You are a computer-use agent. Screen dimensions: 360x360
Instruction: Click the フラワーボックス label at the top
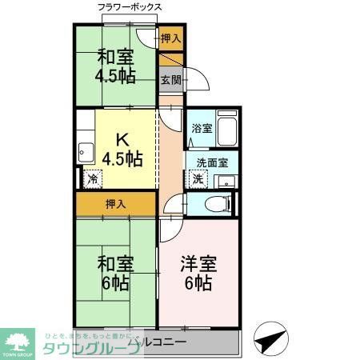click(x=130, y=7)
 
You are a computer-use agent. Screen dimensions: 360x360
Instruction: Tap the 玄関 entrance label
click(x=169, y=79)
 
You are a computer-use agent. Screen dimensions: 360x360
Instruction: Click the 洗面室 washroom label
click(x=212, y=162)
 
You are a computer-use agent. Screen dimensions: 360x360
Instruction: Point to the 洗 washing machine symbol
click(x=198, y=179)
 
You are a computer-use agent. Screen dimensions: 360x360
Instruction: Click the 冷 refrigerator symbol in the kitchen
click(x=94, y=179)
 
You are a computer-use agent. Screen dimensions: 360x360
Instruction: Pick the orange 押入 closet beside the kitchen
click(x=115, y=204)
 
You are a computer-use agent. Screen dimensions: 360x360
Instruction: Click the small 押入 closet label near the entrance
click(x=170, y=38)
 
